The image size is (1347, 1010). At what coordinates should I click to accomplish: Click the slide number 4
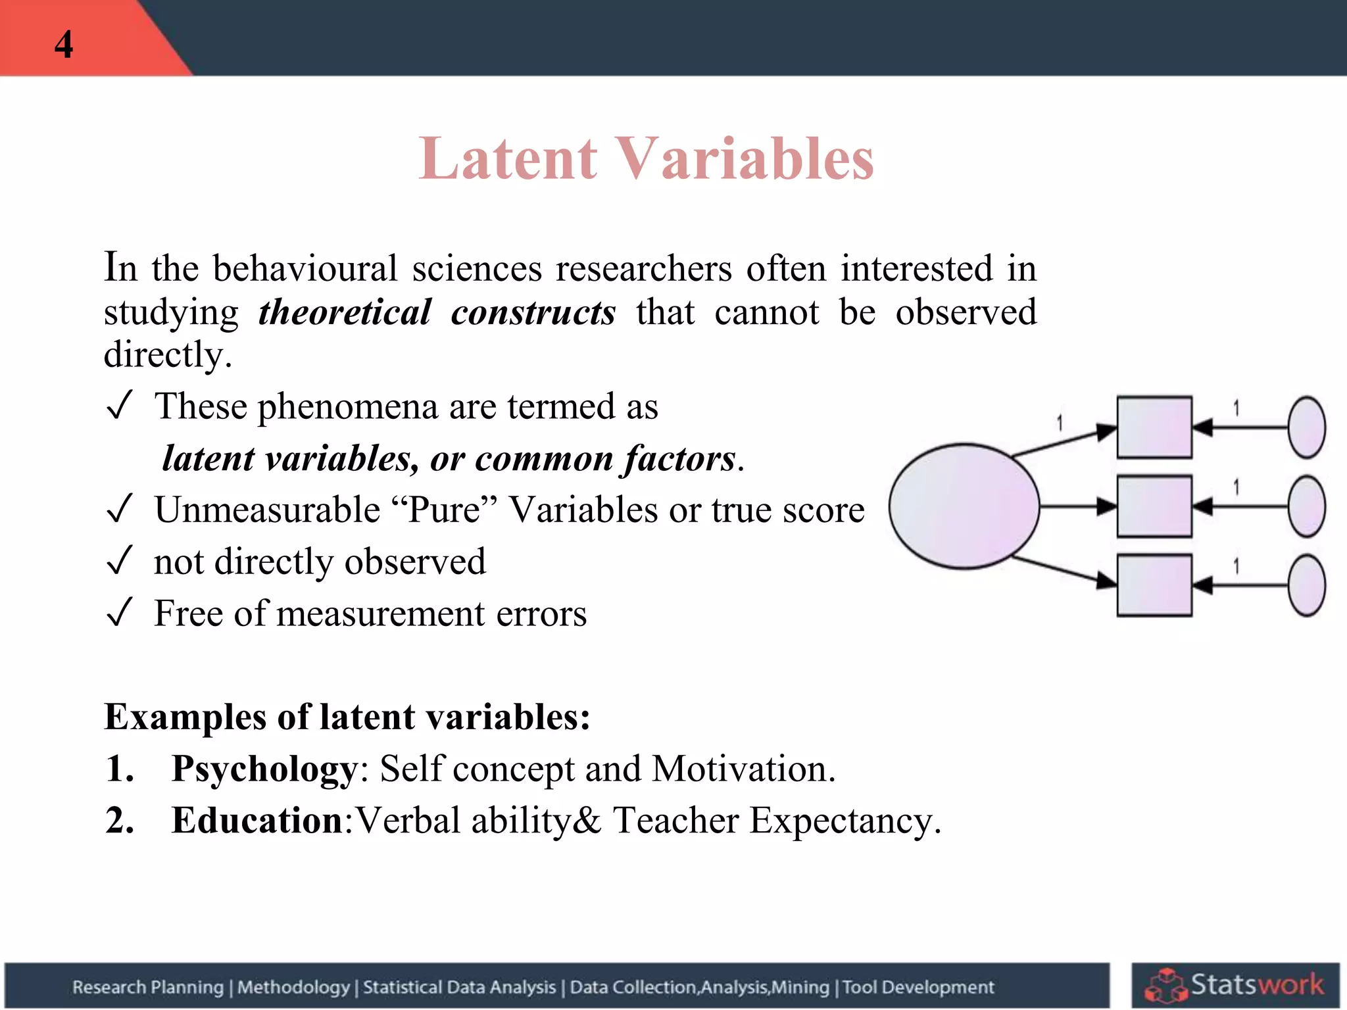64,45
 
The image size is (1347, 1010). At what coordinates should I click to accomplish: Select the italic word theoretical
345,312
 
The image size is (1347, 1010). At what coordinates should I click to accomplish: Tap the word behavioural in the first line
305,268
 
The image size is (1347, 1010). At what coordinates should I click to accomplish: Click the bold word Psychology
264,768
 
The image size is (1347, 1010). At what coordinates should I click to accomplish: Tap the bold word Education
257,820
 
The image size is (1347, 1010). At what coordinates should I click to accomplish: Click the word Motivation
743,768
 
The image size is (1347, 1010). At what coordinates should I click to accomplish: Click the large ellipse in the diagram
964,506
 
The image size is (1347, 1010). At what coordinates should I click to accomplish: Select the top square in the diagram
1154,427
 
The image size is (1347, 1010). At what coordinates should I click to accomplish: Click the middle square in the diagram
1154,506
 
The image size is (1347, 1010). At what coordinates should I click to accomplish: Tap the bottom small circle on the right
1306,585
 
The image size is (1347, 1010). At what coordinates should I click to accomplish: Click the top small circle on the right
1306,427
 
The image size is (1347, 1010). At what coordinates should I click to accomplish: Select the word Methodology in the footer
293,987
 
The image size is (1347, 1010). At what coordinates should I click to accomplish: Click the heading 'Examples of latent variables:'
347,716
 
